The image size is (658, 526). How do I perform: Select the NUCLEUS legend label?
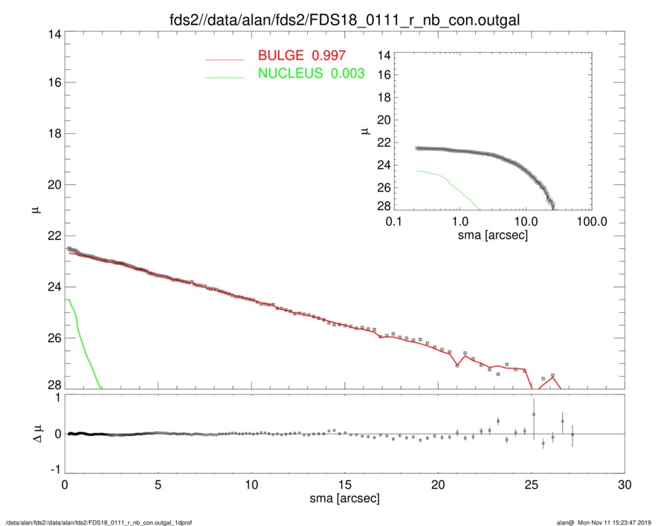pyautogui.click(x=312, y=73)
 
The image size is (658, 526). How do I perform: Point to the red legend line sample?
pyautogui.click(x=225, y=58)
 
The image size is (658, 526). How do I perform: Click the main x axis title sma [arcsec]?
pyautogui.click(x=344, y=499)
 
